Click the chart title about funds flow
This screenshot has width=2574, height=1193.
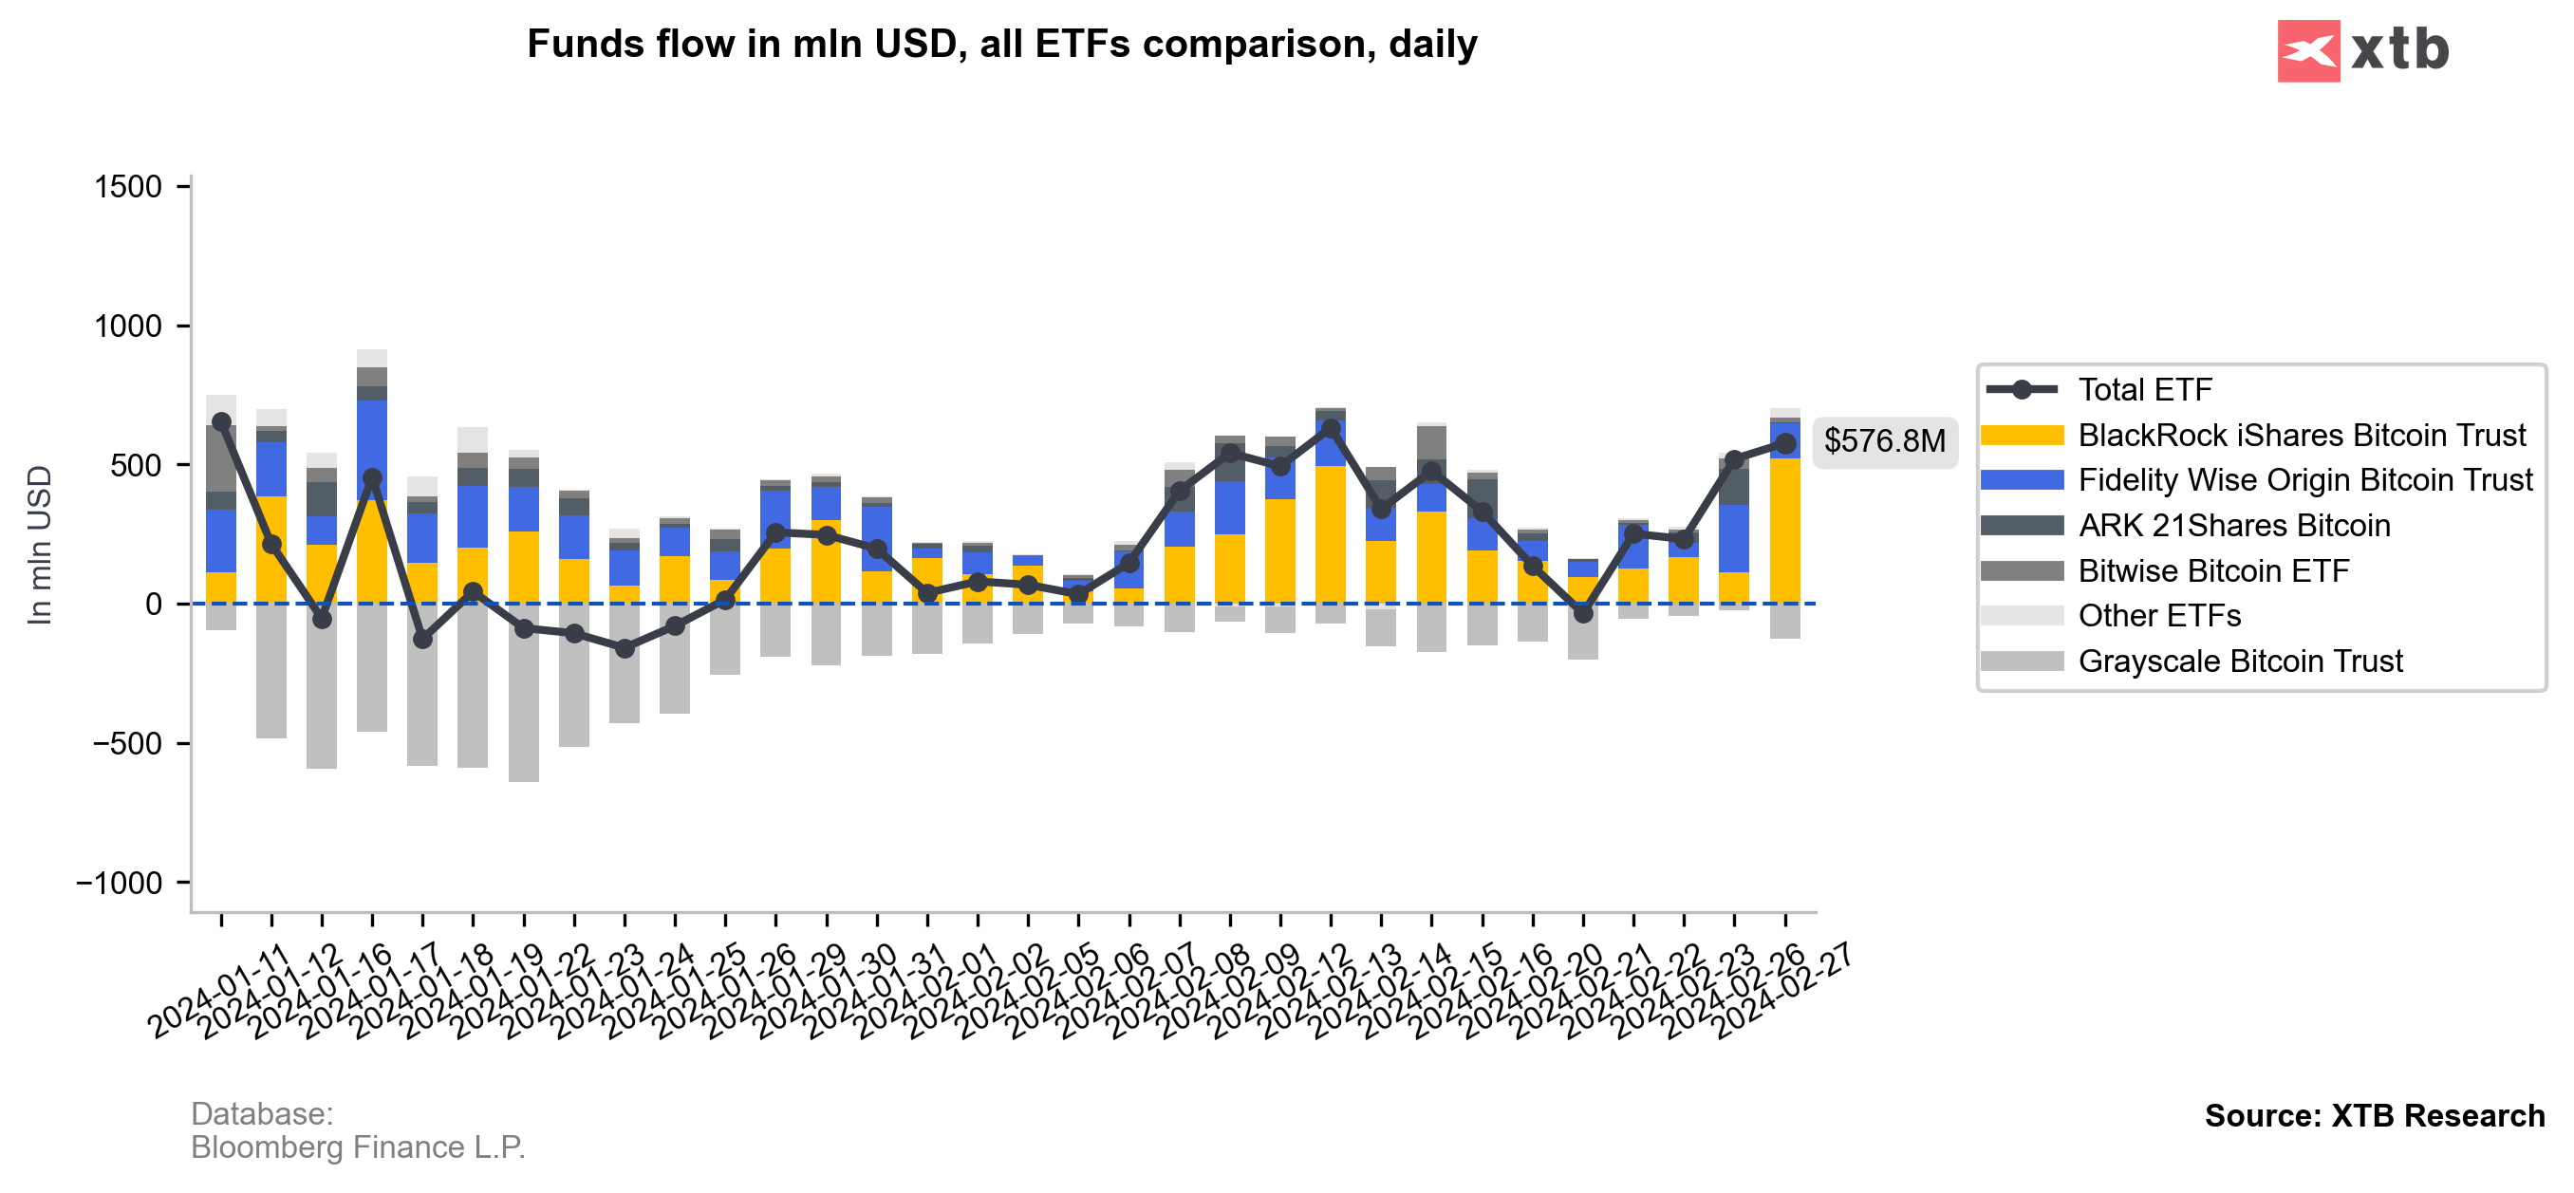1001,44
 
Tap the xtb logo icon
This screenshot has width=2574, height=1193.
2307,51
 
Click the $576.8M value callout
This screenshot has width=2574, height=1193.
1884,440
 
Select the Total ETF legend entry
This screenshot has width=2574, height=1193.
2144,390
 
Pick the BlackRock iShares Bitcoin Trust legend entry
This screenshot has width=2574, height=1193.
2301,436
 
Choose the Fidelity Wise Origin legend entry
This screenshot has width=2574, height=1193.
2304,480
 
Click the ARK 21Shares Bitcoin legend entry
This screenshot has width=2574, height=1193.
2233,526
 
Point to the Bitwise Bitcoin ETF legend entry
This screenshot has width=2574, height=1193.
2212,570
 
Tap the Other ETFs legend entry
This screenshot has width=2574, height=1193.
2158,616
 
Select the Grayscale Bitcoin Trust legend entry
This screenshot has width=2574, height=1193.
2239,662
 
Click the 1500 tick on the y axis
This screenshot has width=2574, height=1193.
128,187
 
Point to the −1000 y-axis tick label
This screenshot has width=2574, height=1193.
119,884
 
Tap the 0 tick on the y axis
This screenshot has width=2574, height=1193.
153,605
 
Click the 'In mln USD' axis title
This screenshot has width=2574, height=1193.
39,546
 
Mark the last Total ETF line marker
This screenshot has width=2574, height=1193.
1784,443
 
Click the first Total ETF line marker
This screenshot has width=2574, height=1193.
222,422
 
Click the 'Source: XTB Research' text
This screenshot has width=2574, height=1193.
2373,1115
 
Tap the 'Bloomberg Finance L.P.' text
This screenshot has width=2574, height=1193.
358,1147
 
